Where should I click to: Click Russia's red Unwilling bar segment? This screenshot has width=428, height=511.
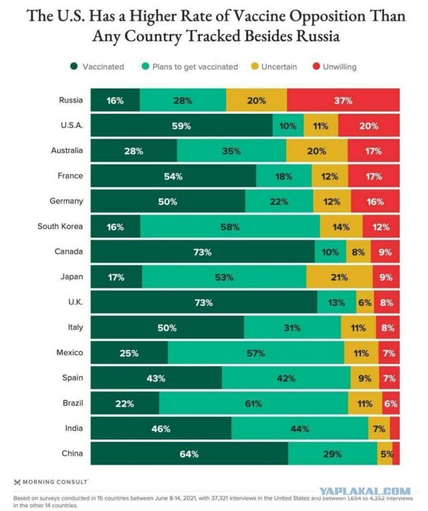coord(343,100)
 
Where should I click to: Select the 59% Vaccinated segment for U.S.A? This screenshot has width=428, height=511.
coord(181,125)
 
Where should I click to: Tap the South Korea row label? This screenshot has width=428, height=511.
coord(60,226)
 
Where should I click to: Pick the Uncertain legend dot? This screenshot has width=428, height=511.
coord(255,67)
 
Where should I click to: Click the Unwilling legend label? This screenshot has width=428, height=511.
coord(340,67)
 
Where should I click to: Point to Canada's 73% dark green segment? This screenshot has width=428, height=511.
coord(203,251)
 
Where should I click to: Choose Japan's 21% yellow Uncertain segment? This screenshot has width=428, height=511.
coord(339,277)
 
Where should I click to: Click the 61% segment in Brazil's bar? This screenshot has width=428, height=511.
coord(253,403)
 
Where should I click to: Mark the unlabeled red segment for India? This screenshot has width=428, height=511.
coord(395,428)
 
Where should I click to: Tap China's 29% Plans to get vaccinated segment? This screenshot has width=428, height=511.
coord(332,454)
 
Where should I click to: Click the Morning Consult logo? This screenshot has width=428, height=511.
coord(51,482)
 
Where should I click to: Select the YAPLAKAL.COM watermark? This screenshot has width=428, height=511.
coord(364,491)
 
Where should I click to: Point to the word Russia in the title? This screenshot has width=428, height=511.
coord(318,35)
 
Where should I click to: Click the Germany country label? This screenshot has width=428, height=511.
coord(66,201)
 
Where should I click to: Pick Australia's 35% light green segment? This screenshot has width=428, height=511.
coord(231,150)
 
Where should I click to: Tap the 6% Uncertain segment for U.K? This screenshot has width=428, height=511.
coord(365,302)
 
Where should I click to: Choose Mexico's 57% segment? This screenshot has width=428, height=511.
coord(255,353)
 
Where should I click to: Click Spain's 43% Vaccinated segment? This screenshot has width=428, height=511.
coord(156,378)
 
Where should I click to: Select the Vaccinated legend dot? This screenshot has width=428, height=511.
coord(74,67)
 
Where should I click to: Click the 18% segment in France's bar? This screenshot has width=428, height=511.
coord(284,176)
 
